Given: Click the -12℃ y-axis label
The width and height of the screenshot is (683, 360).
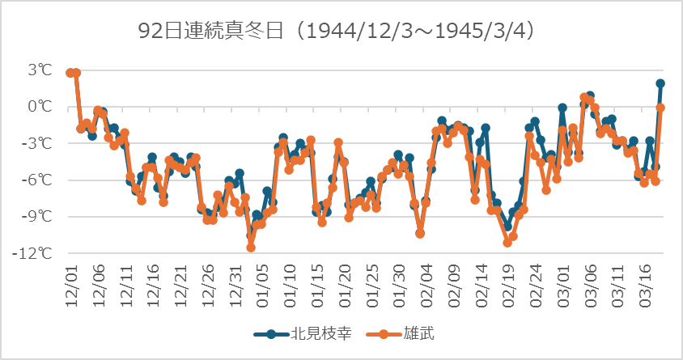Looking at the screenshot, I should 37,253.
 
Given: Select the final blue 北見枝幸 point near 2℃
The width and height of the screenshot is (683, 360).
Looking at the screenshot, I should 660,83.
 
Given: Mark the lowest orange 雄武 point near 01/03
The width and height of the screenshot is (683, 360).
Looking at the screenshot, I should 251,248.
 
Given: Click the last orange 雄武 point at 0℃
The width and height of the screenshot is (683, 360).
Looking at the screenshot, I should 660,108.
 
